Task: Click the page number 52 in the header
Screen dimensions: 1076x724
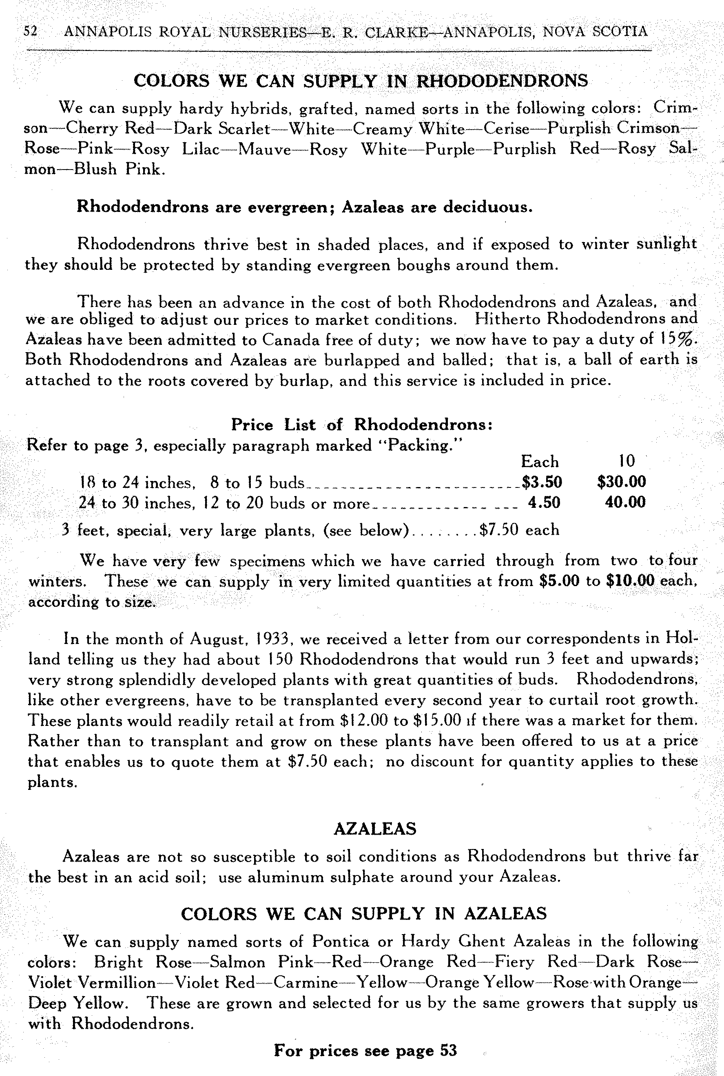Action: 31,31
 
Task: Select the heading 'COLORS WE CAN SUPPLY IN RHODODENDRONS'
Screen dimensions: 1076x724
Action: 361,81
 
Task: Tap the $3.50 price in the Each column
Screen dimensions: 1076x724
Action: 542,482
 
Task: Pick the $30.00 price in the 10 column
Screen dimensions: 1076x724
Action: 622,482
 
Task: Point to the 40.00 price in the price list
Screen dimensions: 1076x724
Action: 625,502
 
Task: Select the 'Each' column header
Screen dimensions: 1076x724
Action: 540,461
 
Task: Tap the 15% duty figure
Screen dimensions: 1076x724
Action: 676,339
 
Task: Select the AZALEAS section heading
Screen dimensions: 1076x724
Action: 374,829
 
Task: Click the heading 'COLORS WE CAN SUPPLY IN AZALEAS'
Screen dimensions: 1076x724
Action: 364,914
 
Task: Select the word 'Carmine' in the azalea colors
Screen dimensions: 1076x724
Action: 306,982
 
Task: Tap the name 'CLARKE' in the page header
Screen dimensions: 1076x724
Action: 397,32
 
